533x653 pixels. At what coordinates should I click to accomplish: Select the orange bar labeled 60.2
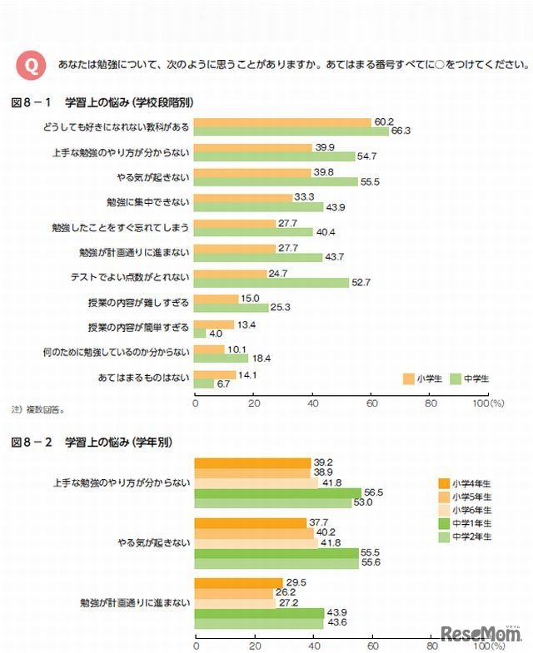(x=282, y=122)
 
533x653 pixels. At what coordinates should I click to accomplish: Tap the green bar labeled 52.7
(x=271, y=282)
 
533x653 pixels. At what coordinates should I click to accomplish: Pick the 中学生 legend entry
(x=470, y=378)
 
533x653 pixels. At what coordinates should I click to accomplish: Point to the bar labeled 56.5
(x=277, y=492)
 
